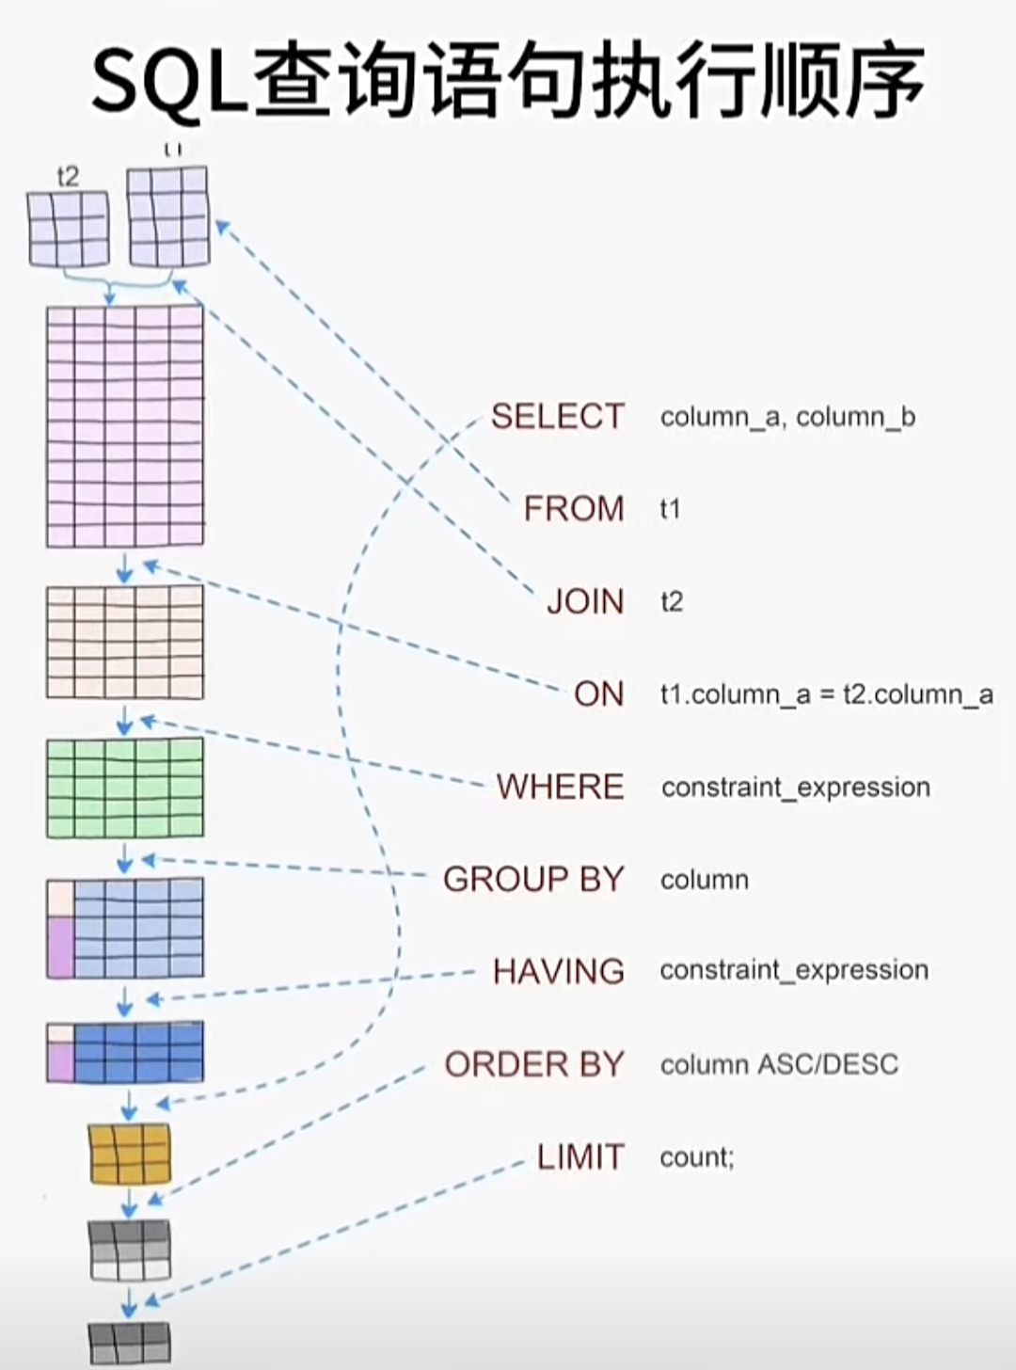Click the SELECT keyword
557,416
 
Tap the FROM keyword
574,508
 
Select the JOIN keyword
585,601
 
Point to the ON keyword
599,693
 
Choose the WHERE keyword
561,786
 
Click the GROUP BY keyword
533,879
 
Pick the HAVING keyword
559,970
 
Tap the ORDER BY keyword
534,1064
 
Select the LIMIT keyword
580,1156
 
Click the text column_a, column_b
787,417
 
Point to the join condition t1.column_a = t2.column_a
826,694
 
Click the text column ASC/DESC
779,1064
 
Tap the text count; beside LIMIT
696,1156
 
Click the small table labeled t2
69,230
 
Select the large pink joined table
125,425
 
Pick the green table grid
125,788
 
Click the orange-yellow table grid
130,1153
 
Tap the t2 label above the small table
68,176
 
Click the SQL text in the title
170,81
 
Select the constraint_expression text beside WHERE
795,787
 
